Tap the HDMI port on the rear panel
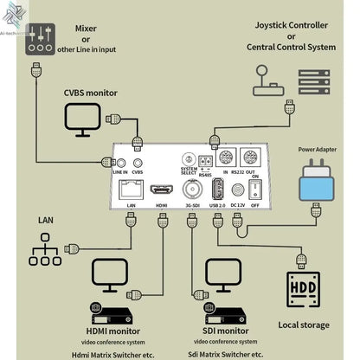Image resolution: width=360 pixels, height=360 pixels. (x=161, y=189)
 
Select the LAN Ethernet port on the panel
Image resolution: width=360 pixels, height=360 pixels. (x=130, y=189)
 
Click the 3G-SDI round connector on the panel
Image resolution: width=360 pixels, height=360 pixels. (x=192, y=188)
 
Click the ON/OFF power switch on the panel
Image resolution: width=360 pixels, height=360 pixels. (x=254, y=188)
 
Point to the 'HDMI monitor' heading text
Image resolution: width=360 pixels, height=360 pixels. (x=115, y=330)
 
